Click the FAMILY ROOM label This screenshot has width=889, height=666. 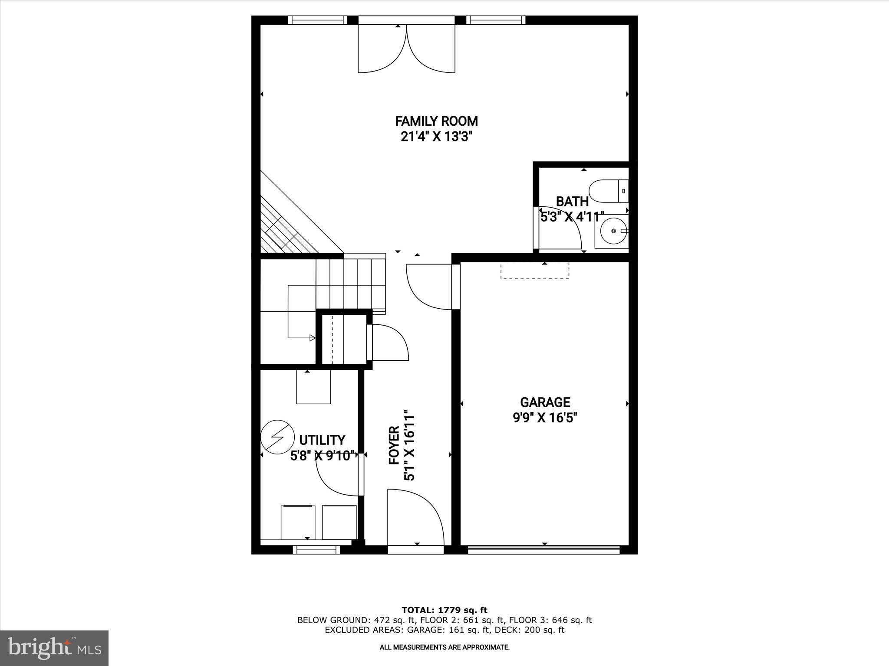pyautogui.click(x=436, y=121)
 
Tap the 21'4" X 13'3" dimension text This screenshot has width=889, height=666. pyautogui.click(x=436, y=137)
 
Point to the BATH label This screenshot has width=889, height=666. pyautogui.click(x=572, y=202)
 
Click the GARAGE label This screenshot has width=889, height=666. pyautogui.click(x=545, y=402)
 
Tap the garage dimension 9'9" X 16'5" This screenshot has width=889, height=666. pyautogui.click(x=545, y=418)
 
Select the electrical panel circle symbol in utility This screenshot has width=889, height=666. pyautogui.click(x=275, y=437)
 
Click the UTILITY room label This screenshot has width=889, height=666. pyautogui.click(x=322, y=440)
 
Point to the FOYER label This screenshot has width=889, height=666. pyautogui.click(x=394, y=445)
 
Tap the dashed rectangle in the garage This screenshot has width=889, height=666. pyautogui.click(x=534, y=271)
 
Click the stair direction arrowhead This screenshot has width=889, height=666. pyautogui.click(x=312, y=338)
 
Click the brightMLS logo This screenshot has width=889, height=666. pyautogui.click(x=54, y=649)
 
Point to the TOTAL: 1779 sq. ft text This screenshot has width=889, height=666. pyautogui.click(x=444, y=610)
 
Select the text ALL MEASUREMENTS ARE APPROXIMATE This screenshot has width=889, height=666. pyautogui.click(x=444, y=647)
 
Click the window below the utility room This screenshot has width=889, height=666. pyautogui.click(x=316, y=550)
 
